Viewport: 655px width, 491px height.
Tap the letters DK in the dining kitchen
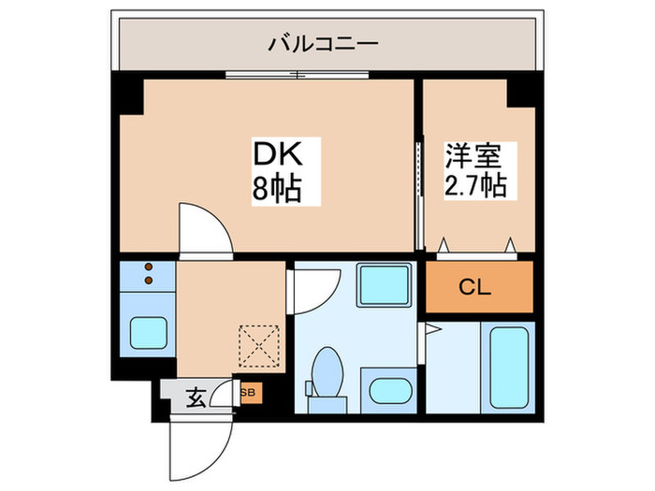pos(275,153)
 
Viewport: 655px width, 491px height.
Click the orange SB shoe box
pos(249,393)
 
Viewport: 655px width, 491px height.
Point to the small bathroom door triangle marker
pos(431,328)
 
